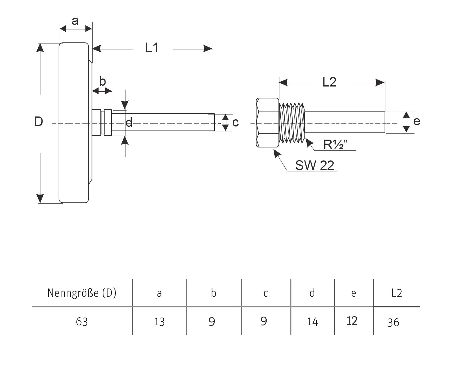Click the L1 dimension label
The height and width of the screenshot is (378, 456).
tap(152, 48)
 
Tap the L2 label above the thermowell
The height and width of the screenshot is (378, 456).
tap(329, 82)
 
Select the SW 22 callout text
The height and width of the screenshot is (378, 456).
tap(315, 165)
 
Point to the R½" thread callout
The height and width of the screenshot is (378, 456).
tap(335, 145)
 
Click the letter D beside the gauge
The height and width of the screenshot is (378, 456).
tap(38, 122)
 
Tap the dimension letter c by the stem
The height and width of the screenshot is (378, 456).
tap(235, 123)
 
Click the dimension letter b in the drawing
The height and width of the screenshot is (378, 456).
tap(102, 81)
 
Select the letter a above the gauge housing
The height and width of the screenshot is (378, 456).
tap(75, 21)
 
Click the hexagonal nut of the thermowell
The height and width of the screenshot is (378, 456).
tap(267, 122)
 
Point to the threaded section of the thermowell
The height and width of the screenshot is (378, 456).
tap(292, 123)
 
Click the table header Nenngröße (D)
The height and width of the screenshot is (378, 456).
tap(82, 293)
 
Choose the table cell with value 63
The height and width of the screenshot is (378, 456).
tap(82, 322)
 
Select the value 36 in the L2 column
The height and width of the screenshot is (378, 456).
tap(393, 323)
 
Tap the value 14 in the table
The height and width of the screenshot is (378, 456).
tap(312, 322)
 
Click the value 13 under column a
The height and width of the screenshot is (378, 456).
tap(159, 322)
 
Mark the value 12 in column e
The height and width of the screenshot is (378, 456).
tap(352, 321)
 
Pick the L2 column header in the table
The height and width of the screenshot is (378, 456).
tap(396, 293)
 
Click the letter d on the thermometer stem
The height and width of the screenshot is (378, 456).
tap(129, 122)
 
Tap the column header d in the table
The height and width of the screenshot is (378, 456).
tap(312, 293)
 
